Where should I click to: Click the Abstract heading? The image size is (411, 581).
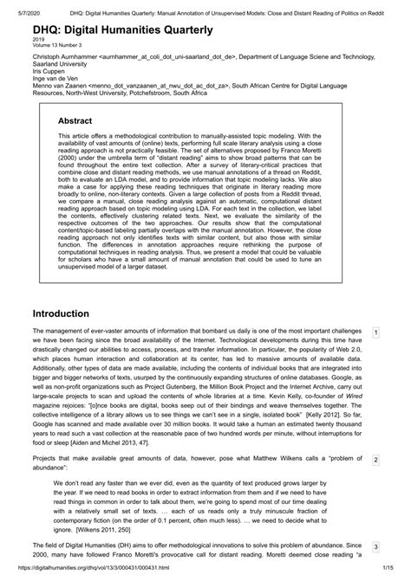80,121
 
